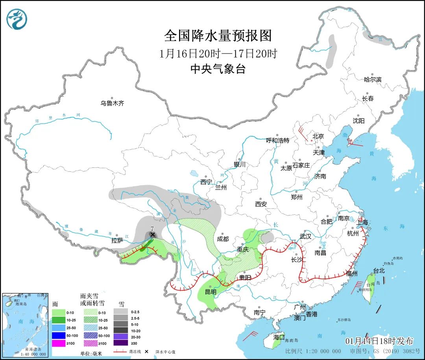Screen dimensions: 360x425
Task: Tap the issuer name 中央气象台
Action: click(218, 69)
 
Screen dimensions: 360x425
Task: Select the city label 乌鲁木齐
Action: click(112, 103)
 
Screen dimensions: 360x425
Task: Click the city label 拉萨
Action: click(117, 240)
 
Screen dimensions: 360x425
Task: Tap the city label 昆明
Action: click(210, 292)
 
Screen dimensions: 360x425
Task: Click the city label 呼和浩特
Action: click(277, 140)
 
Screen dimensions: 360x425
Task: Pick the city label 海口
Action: click(279, 337)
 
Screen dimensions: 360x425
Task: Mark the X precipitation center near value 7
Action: click(152, 234)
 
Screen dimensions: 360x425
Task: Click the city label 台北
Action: click(379, 271)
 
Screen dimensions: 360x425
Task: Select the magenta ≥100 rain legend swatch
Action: click(59, 343)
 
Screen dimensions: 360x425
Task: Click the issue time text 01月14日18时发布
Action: click(379, 341)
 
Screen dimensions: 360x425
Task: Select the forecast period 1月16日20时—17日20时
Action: click(218, 54)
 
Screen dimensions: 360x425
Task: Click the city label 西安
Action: click(261, 204)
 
